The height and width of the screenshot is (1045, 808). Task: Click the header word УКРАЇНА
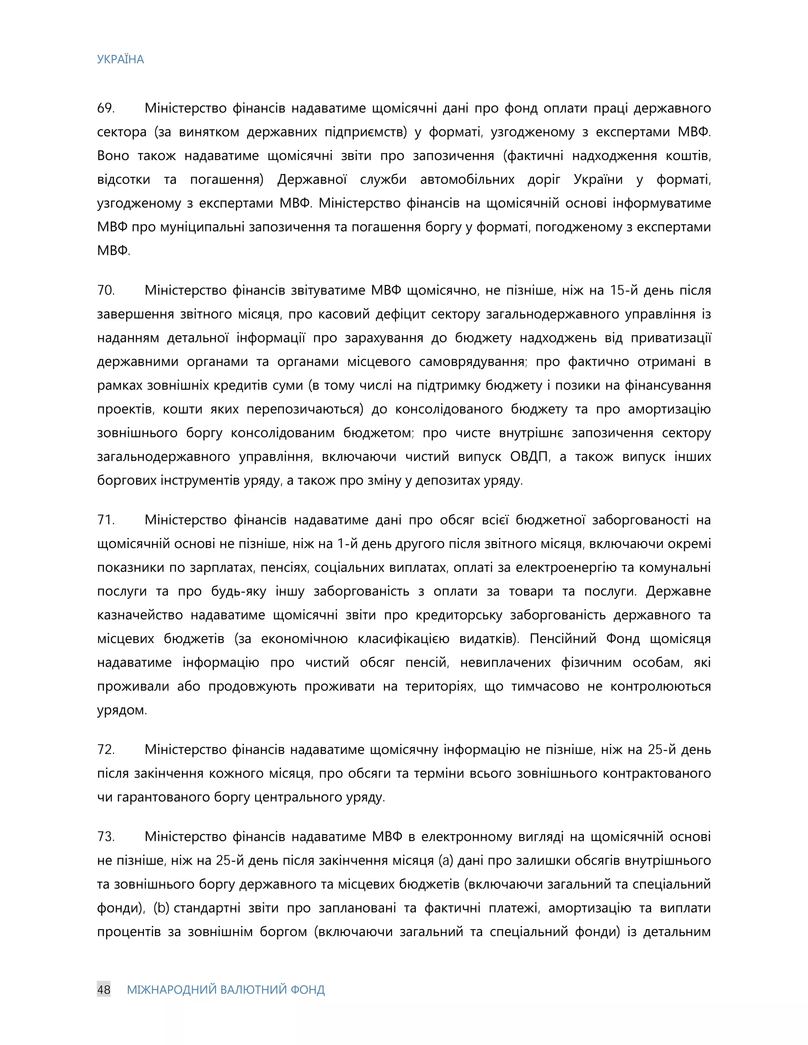coord(120,59)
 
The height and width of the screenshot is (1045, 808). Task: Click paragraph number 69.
coord(105,108)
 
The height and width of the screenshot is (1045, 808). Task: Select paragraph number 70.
coord(106,291)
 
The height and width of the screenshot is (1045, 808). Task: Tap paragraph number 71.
coord(105,520)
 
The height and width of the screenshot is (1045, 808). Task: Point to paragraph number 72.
coord(105,750)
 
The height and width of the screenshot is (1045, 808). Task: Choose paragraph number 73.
coord(105,837)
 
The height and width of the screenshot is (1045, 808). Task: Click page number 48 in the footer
coord(104,989)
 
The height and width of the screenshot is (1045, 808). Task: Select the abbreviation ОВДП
coord(529,457)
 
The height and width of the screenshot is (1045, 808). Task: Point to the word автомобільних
coord(467,180)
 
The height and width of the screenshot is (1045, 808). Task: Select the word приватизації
coord(671,338)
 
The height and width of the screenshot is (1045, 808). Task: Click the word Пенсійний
coord(563,639)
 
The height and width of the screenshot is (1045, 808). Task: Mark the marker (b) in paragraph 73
coord(161,908)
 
